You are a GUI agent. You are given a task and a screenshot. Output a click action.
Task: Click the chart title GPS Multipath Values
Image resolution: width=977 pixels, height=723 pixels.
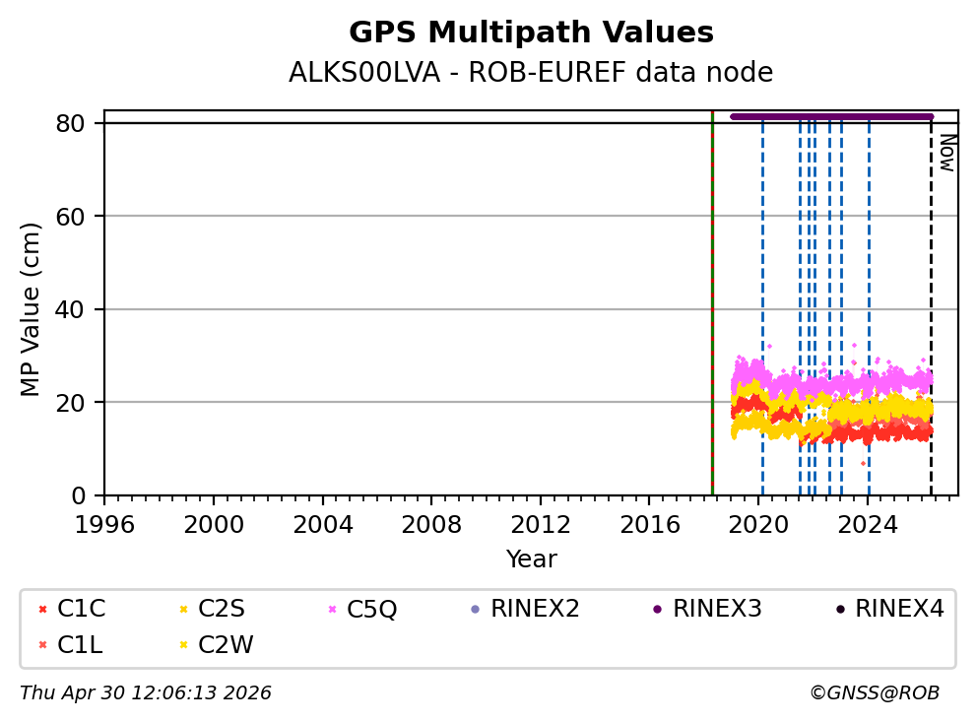click(531, 33)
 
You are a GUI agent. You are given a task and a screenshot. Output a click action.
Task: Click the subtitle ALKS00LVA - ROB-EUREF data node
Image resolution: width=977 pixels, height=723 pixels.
click(531, 73)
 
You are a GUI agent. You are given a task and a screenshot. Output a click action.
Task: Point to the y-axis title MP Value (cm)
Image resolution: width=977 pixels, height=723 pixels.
click(32, 309)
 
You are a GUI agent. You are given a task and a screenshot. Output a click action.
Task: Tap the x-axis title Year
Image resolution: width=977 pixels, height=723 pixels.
click(531, 559)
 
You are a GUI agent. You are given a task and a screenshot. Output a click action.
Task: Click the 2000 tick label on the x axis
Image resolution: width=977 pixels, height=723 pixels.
click(214, 522)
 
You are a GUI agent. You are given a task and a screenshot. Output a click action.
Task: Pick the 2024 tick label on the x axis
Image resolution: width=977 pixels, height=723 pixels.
click(867, 522)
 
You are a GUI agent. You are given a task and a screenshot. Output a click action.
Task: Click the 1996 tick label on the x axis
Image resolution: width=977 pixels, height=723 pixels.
click(105, 522)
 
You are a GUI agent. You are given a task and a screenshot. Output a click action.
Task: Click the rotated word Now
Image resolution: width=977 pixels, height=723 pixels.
click(946, 153)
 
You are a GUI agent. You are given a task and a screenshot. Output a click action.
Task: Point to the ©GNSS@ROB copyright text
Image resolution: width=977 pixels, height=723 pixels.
click(874, 693)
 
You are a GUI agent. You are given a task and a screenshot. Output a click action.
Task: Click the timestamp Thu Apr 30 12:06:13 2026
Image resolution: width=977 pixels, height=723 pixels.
click(146, 693)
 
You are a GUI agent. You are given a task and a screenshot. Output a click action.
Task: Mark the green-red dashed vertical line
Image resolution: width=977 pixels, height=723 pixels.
click(712, 296)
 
